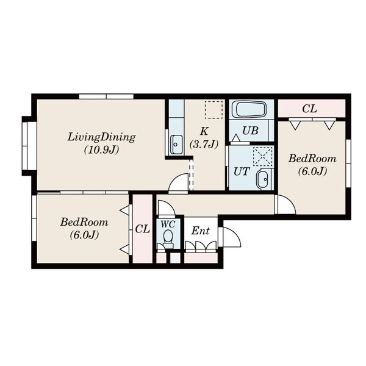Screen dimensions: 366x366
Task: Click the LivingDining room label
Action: (x=101, y=137)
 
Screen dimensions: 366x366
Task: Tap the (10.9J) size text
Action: (x=101, y=149)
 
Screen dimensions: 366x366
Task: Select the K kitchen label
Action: (x=204, y=131)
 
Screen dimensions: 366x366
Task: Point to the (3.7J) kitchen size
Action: (x=204, y=144)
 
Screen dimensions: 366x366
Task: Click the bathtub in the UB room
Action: (x=251, y=109)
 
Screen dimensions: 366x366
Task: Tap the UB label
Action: (x=250, y=131)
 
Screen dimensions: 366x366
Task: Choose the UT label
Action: (x=242, y=172)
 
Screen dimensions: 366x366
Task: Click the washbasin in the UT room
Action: (x=263, y=179)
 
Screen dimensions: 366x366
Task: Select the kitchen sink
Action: (x=176, y=145)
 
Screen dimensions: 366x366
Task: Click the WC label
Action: (x=168, y=224)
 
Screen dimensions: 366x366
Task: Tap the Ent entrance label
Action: (x=201, y=231)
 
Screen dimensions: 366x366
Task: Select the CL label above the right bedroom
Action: (x=309, y=109)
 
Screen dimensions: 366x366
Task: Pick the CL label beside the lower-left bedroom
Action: (x=142, y=229)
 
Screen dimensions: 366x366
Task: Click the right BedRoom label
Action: (x=312, y=159)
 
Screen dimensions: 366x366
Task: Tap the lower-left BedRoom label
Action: (x=84, y=222)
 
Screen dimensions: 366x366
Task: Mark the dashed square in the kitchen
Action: (x=213, y=110)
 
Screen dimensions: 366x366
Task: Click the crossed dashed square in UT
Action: (x=263, y=156)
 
